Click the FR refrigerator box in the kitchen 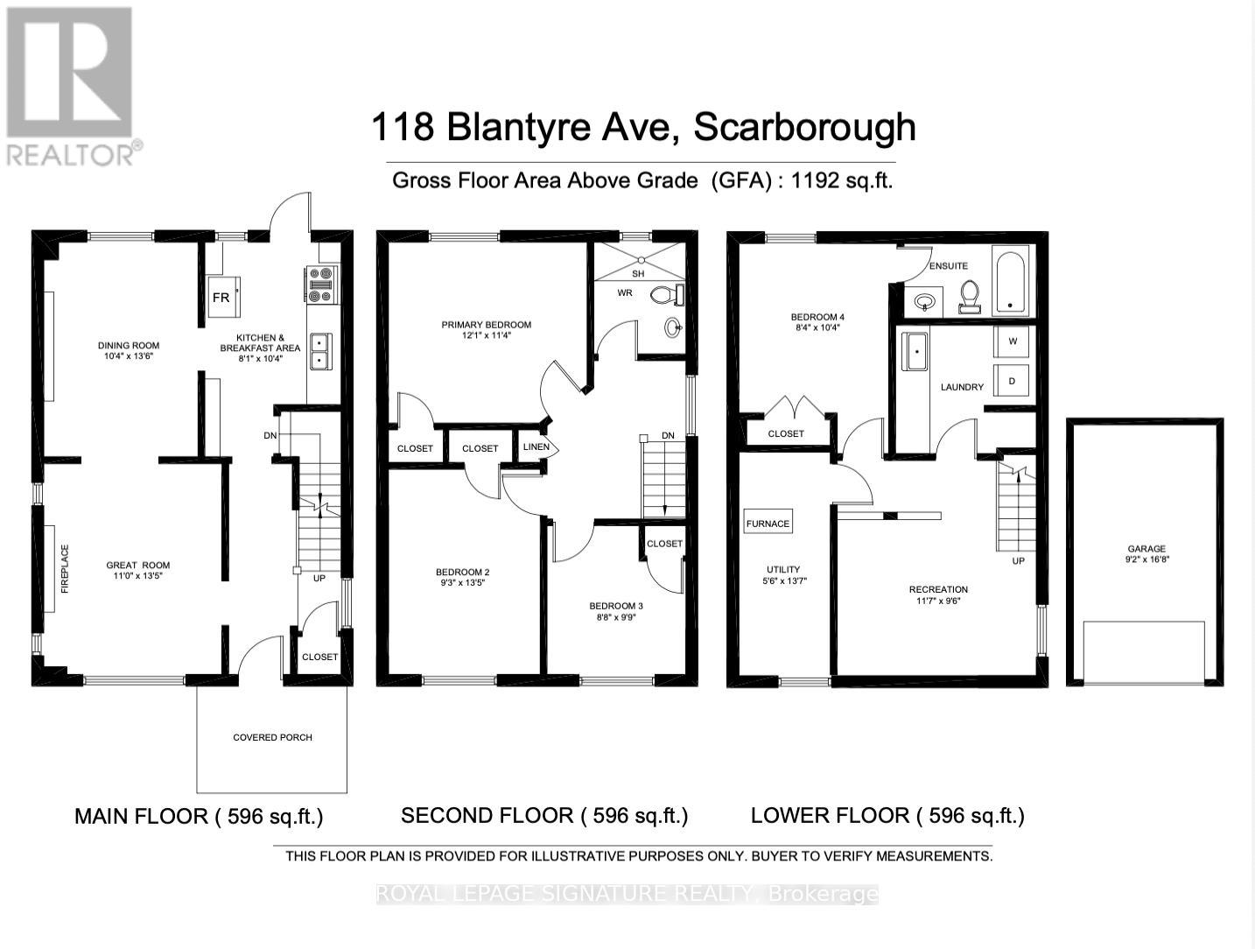pyautogui.click(x=221, y=298)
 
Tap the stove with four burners pyautogui.click(x=321, y=285)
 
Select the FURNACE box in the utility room pyautogui.click(x=768, y=524)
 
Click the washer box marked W pyautogui.click(x=1013, y=341)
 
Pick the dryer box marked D pyautogui.click(x=1013, y=381)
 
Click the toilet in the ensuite pyautogui.click(x=969, y=296)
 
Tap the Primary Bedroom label pyautogui.click(x=486, y=325)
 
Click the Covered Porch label pyautogui.click(x=272, y=737)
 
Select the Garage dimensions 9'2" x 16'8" pyautogui.click(x=1146, y=559)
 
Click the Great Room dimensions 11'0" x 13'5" pyautogui.click(x=138, y=576)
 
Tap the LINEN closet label pyautogui.click(x=536, y=447)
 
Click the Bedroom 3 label pyautogui.click(x=615, y=606)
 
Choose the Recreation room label pyautogui.click(x=938, y=589)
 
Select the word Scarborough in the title pyautogui.click(x=804, y=128)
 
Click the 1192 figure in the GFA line pyautogui.click(x=815, y=180)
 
